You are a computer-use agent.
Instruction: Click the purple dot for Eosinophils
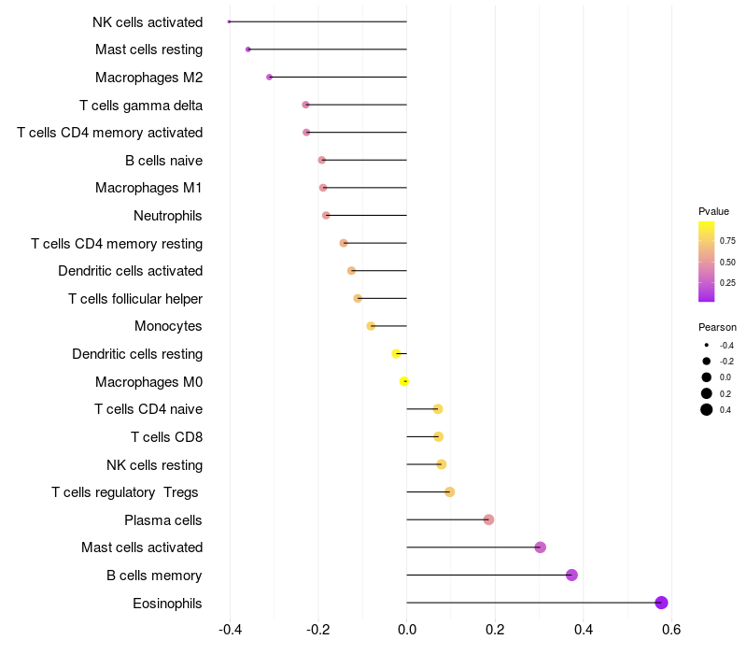(661, 603)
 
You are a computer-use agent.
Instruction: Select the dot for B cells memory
(571, 575)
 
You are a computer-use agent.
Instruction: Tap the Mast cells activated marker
(540, 547)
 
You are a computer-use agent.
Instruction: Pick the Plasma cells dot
(488, 519)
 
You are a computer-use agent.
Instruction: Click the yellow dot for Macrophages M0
(404, 381)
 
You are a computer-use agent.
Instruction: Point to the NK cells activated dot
(229, 21)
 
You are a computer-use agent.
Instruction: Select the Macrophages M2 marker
(269, 77)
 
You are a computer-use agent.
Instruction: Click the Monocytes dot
(371, 326)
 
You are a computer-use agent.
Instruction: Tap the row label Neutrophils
(168, 216)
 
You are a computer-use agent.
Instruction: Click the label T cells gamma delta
(141, 106)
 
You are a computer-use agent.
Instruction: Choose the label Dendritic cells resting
(137, 354)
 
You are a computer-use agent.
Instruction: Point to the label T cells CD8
(167, 437)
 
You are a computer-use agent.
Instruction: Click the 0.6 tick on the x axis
(671, 630)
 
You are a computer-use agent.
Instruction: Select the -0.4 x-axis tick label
(230, 630)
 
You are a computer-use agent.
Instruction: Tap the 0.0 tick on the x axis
(407, 630)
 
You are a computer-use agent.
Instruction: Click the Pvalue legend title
(713, 211)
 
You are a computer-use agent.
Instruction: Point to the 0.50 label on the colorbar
(727, 263)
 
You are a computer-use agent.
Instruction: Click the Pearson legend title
(717, 328)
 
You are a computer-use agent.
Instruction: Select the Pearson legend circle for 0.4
(707, 409)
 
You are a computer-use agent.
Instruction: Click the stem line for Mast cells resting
(328, 50)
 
